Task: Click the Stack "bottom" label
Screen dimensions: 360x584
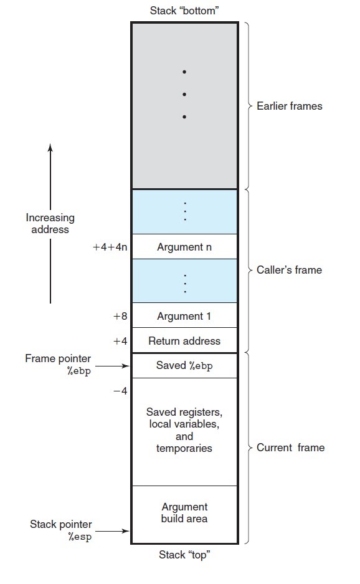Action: (x=184, y=11)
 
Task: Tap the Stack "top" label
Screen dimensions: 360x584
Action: (x=184, y=555)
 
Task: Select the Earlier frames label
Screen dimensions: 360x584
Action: (x=289, y=106)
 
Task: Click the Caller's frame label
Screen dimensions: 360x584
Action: (x=289, y=270)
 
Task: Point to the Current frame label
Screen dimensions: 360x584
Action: (x=290, y=448)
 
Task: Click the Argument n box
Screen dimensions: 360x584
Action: (x=184, y=247)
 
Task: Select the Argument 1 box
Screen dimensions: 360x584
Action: (x=184, y=315)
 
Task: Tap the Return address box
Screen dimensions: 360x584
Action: (x=184, y=340)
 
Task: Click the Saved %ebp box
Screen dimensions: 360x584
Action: (x=184, y=366)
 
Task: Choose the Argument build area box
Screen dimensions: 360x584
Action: (x=184, y=514)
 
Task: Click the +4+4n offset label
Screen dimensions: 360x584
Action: (x=110, y=247)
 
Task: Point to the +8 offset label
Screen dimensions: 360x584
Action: (x=120, y=316)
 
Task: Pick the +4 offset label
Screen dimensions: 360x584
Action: (x=120, y=341)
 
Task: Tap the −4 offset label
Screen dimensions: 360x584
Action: (x=120, y=391)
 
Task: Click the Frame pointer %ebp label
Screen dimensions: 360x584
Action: (x=58, y=364)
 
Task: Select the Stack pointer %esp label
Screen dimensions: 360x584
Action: (x=61, y=530)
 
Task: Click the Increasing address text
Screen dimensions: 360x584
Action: (x=50, y=223)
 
